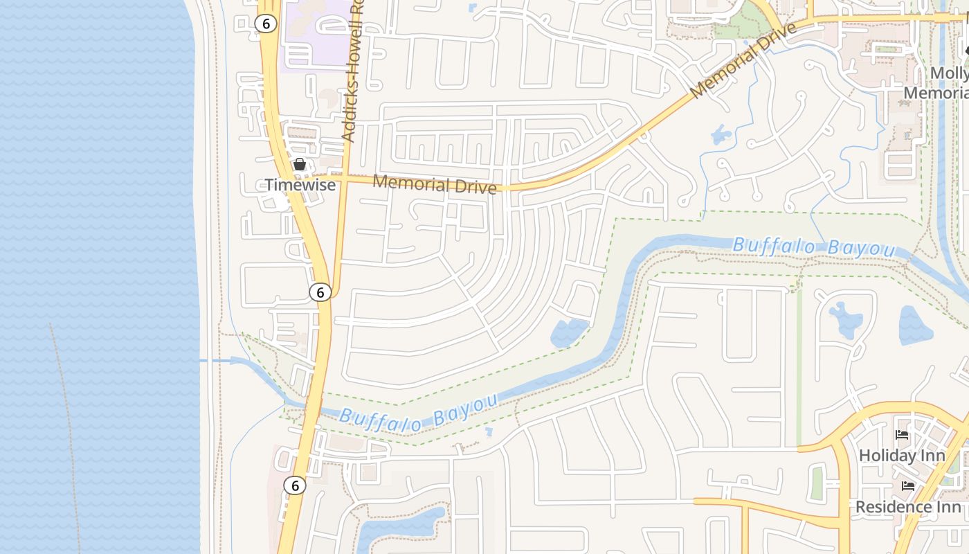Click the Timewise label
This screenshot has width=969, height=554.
coord(300,185)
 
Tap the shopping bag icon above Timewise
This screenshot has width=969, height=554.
coord(300,164)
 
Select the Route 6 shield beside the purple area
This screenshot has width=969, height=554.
coord(266,24)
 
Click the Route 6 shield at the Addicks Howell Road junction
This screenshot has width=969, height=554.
coord(320,292)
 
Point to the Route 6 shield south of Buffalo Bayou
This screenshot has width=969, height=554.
coord(295,485)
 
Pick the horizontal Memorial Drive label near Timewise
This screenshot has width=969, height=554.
coord(435,184)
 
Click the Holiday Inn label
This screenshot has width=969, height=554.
coord(902,456)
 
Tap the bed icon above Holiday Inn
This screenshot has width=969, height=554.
coord(902,435)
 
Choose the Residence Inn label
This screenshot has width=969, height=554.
coord(908,507)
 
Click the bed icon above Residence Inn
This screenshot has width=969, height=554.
coord(908,486)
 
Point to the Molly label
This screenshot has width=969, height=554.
coord(949,73)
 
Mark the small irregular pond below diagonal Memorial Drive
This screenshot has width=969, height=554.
coord(721,134)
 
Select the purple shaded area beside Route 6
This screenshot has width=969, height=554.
coord(315,35)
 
